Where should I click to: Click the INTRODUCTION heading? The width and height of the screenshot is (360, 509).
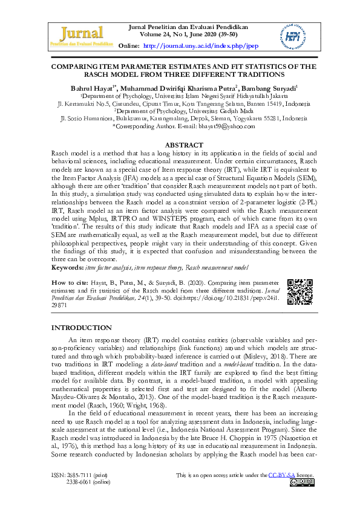pos(82,327)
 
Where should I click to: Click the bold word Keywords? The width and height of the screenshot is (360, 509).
pos(65,267)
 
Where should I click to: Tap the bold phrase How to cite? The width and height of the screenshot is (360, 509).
pos(71,283)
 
